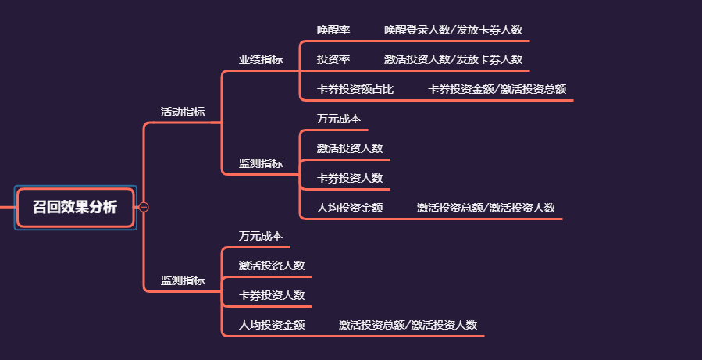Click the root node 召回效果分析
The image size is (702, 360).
(x=75, y=207)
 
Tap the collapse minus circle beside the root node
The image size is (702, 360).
(x=144, y=207)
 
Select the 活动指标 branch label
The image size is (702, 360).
(x=183, y=112)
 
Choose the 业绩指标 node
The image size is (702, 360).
(x=261, y=59)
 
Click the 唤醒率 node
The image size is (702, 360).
(x=333, y=30)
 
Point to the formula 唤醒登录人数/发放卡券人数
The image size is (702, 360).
(x=453, y=30)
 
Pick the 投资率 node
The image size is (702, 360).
(x=333, y=59)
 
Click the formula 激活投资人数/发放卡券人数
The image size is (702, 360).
(x=453, y=59)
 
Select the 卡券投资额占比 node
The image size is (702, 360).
(x=355, y=89)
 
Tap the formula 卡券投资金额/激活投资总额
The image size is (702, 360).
(x=497, y=89)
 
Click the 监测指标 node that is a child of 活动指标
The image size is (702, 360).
(x=261, y=163)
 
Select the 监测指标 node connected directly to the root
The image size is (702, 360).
(x=183, y=280)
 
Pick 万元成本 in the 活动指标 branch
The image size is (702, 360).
(x=339, y=119)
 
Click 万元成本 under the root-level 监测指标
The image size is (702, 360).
(x=261, y=236)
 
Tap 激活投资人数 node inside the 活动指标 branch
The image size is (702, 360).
(x=350, y=148)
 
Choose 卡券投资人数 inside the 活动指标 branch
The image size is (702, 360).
(x=350, y=178)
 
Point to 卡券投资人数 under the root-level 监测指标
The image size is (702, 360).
(x=272, y=295)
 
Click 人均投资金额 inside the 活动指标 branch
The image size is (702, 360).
(x=350, y=208)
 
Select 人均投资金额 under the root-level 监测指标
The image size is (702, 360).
(x=272, y=325)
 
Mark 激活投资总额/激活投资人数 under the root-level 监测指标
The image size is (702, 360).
(x=408, y=325)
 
